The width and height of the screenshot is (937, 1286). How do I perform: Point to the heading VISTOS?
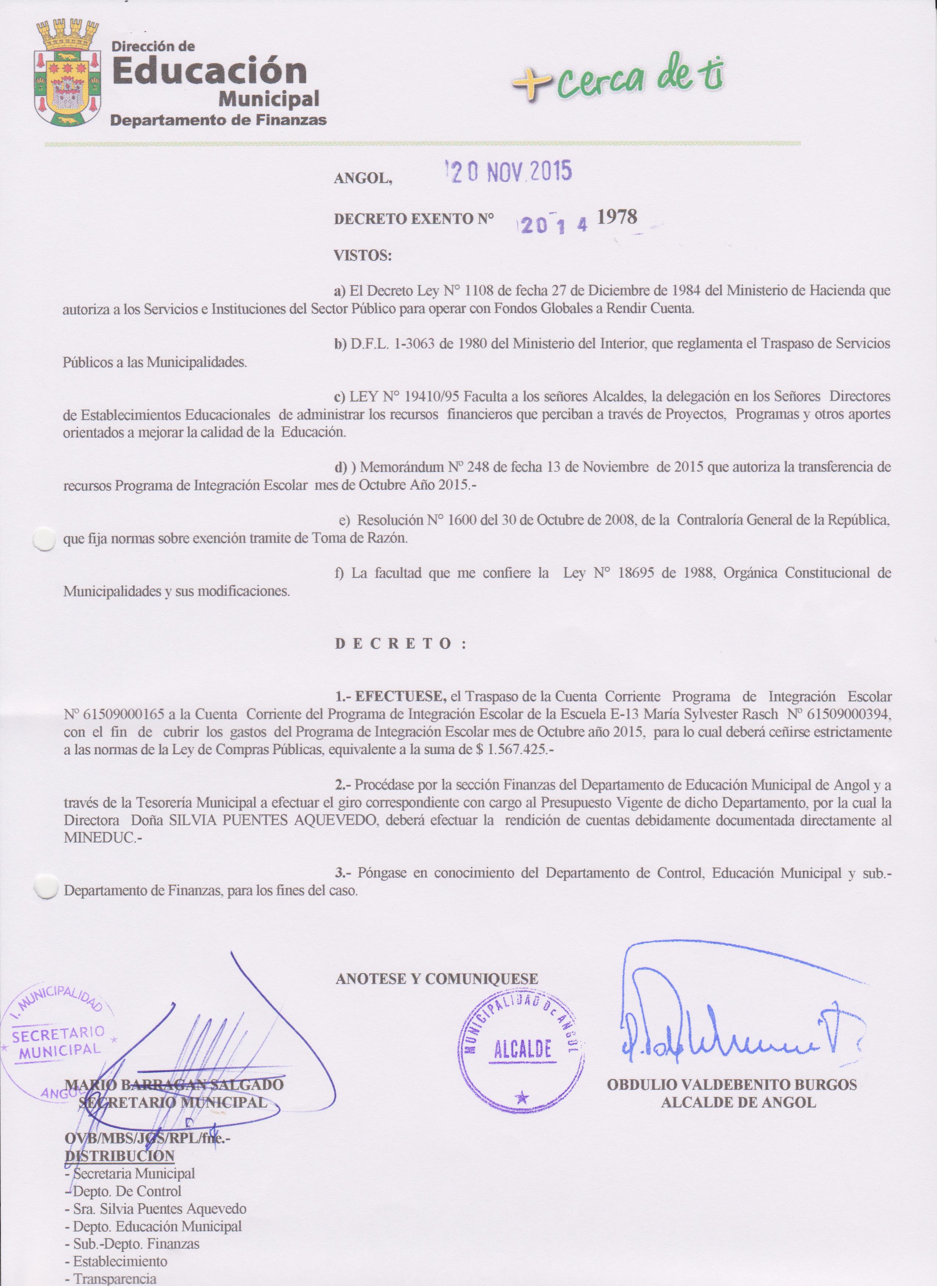(363, 256)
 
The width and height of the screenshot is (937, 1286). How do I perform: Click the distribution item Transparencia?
(114, 1279)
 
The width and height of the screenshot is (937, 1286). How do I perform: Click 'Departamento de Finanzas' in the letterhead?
(218, 120)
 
